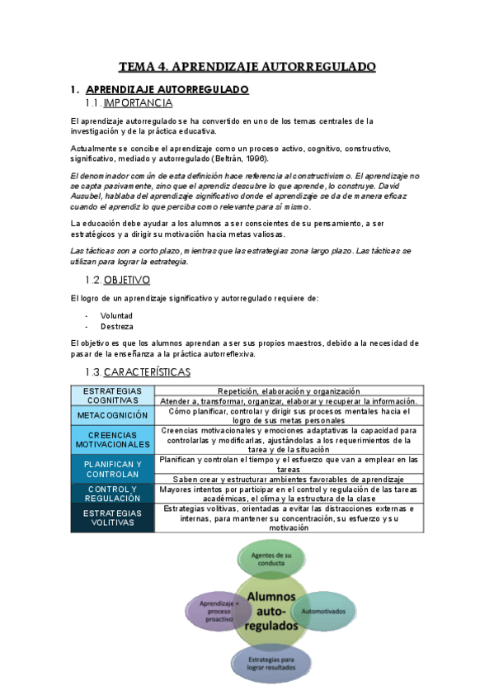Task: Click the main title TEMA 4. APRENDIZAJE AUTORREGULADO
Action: [247, 66]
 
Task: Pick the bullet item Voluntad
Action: [116, 315]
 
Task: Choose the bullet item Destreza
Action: [115, 326]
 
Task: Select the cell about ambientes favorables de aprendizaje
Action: [289, 480]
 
